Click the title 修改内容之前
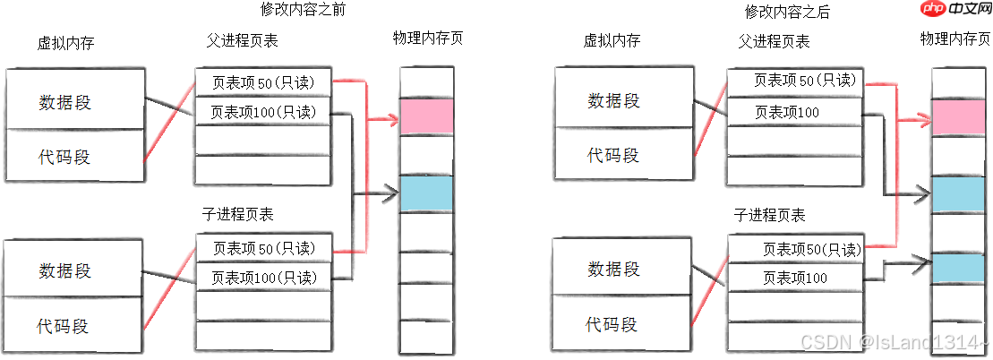[x=303, y=12]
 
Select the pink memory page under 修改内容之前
[x=426, y=116]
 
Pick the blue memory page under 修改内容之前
[x=426, y=193]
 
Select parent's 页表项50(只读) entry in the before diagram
[x=263, y=82]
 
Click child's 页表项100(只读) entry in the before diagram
[x=263, y=277]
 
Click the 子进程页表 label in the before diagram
[x=238, y=215]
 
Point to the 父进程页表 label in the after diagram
[x=774, y=41]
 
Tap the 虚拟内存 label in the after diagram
[x=612, y=41]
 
